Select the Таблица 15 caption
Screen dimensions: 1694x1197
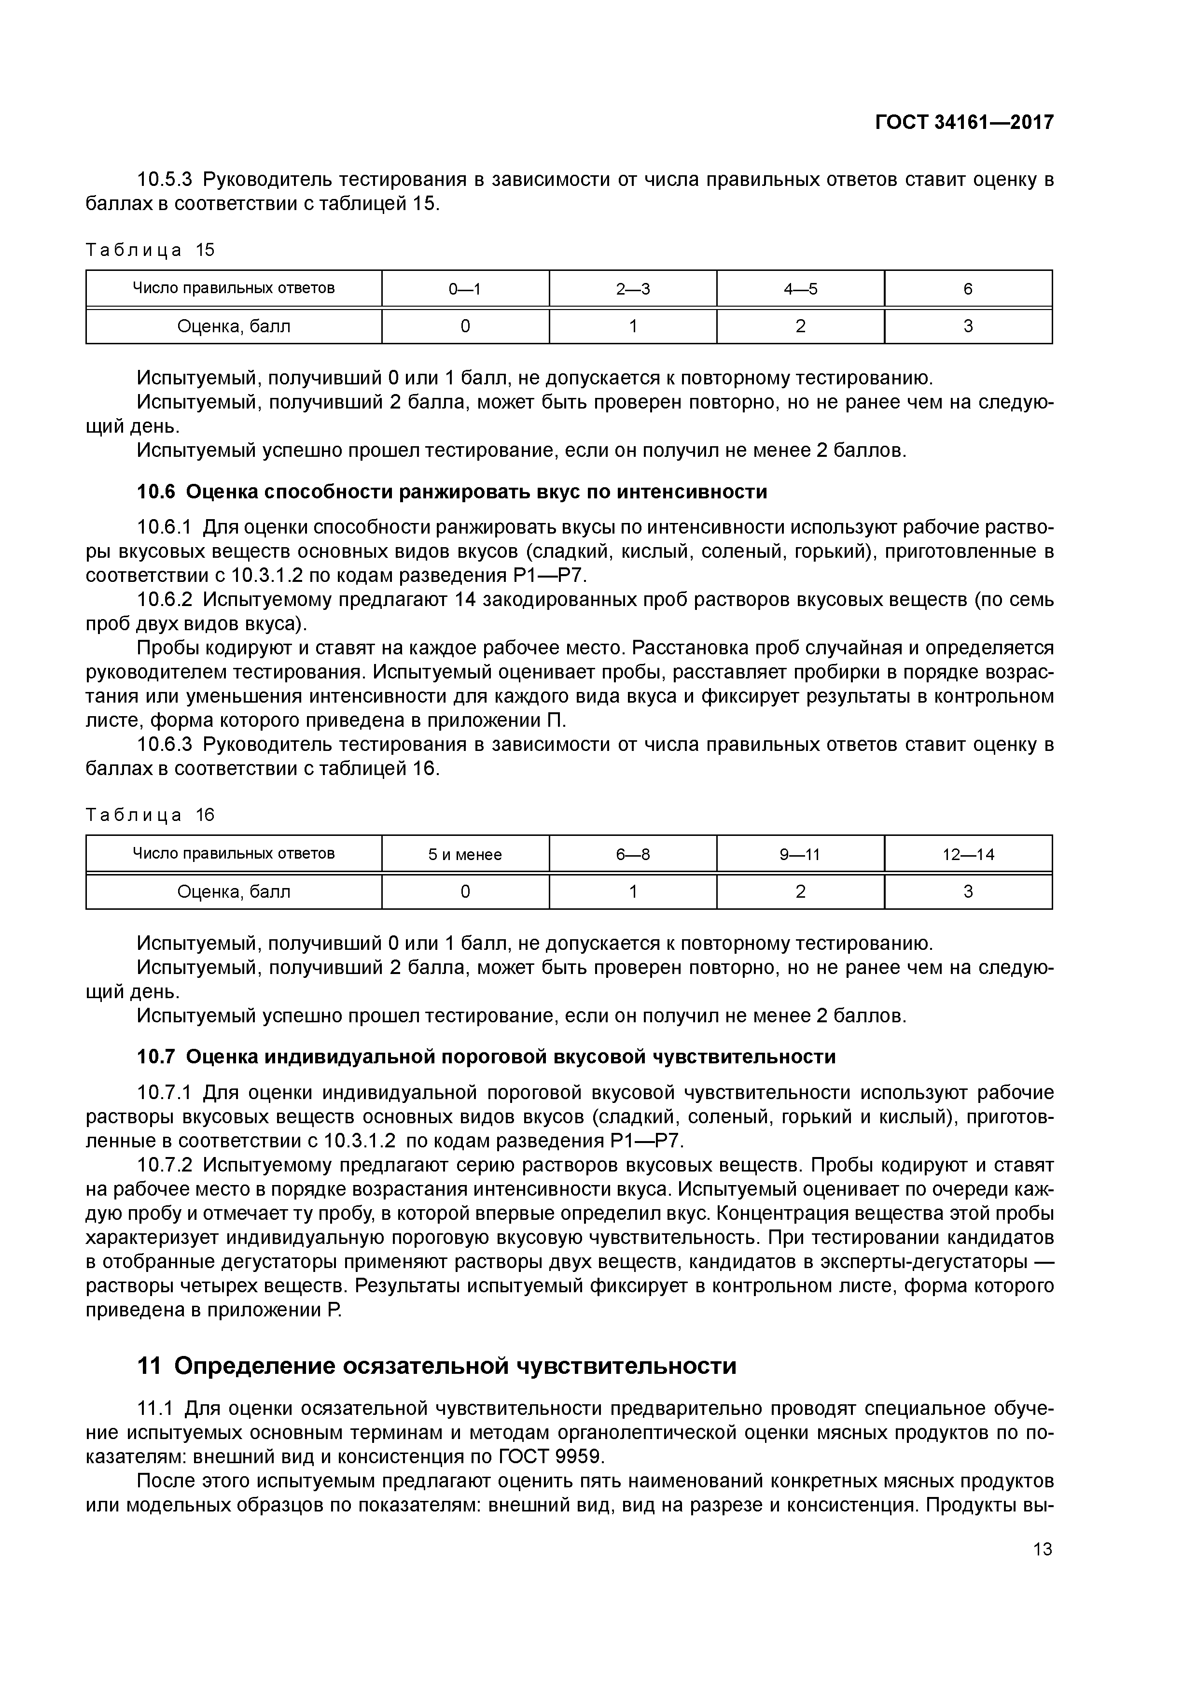[x=150, y=250]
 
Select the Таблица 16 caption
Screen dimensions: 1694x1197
[x=150, y=815]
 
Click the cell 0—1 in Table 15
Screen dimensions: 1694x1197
[x=465, y=288]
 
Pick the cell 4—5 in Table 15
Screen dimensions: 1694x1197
[x=800, y=288]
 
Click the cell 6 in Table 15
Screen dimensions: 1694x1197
[x=968, y=288]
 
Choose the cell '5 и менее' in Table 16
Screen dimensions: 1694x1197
[x=465, y=854]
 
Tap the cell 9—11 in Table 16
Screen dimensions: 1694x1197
[x=800, y=854]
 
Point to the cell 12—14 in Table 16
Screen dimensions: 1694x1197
[x=968, y=854]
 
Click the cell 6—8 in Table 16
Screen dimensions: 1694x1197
[x=633, y=854]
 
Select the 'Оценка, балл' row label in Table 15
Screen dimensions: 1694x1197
[x=234, y=326]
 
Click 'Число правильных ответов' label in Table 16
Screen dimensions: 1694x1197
[x=234, y=854]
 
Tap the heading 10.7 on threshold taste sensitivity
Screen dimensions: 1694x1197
[x=486, y=1057]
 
